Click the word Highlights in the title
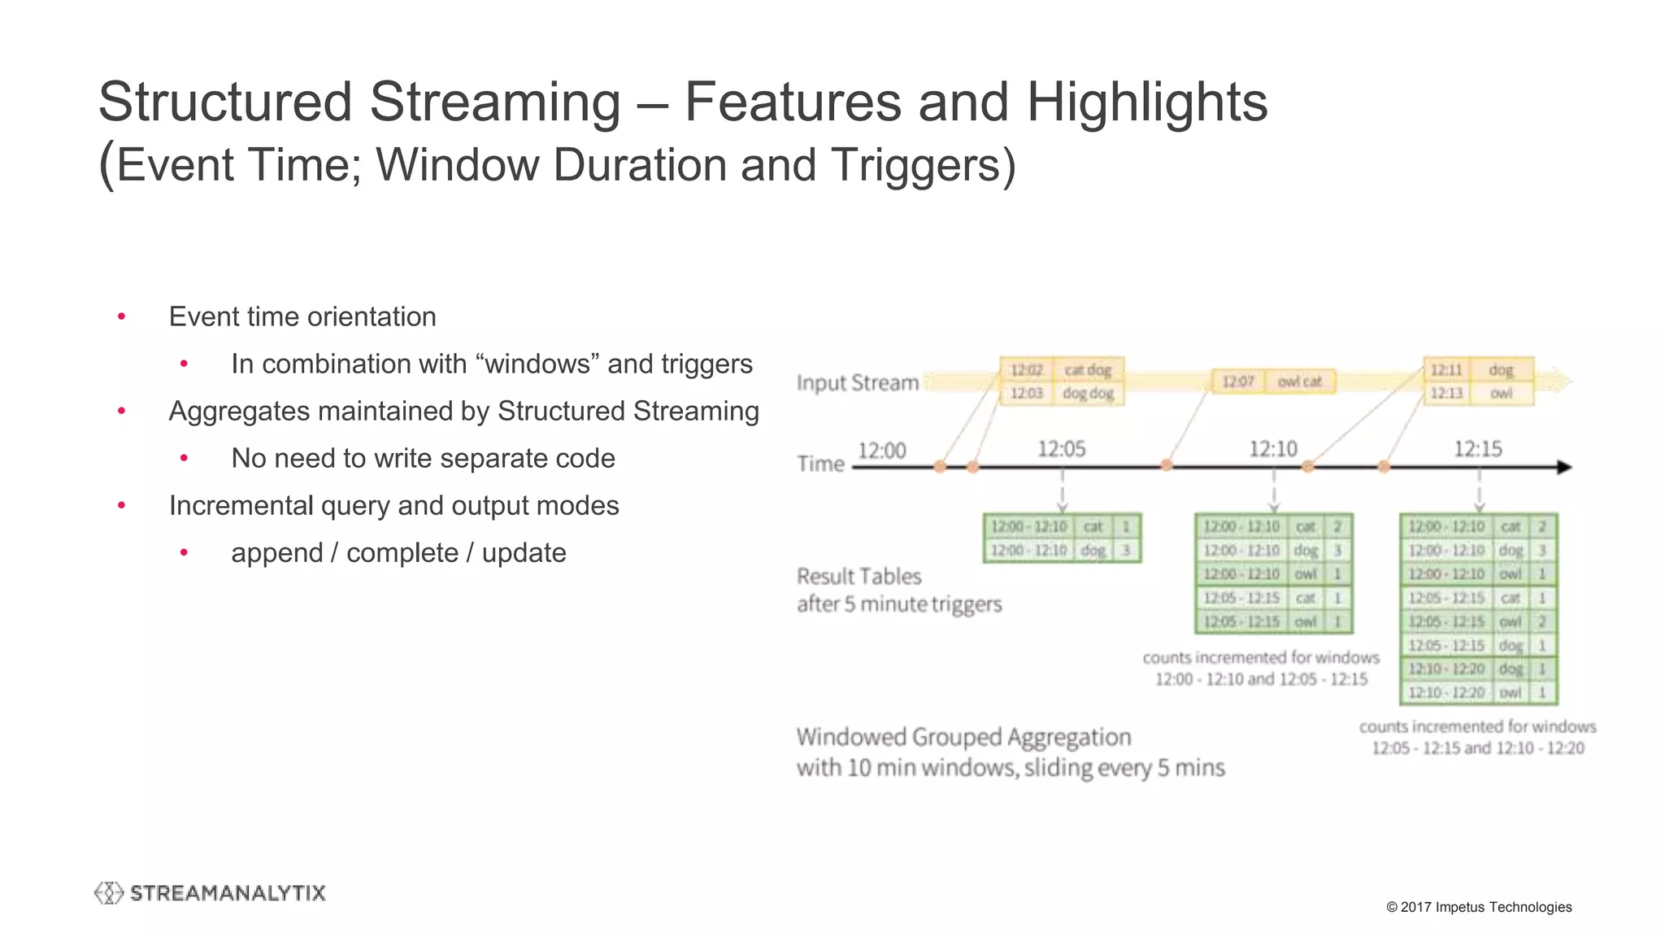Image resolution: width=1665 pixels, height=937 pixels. point(1146,102)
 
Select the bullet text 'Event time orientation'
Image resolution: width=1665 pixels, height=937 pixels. point(302,316)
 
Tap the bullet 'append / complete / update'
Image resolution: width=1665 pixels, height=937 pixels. point(398,553)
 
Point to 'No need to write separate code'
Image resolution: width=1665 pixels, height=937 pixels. point(423,459)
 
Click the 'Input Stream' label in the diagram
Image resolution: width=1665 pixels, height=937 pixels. point(857,382)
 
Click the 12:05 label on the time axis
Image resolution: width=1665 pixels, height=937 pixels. point(1061,449)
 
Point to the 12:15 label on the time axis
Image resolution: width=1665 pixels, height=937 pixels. point(1477,449)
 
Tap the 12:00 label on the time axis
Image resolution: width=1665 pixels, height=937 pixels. point(881,451)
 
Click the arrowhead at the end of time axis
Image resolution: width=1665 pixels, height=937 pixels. point(1564,467)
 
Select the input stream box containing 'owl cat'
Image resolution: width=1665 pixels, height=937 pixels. point(1274,381)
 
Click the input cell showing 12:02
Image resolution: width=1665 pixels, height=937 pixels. point(1026,370)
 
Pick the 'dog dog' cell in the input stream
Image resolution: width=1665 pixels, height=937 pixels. point(1088,394)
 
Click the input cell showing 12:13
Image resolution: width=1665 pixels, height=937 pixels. point(1446,394)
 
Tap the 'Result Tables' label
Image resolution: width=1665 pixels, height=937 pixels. point(859,577)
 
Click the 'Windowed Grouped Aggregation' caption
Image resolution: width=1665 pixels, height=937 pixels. point(963,737)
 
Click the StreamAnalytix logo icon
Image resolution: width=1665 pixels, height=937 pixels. point(108,893)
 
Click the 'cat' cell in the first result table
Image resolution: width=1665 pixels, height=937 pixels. point(1093,527)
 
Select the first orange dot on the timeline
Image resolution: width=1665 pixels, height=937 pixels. point(940,467)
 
